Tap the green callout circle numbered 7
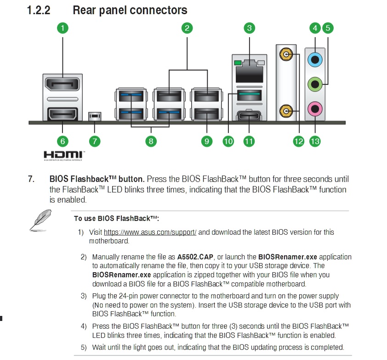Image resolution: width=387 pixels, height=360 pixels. pyautogui.click(x=94, y=141)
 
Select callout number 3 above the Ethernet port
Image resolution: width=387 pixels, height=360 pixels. pyautogui.click(x=249, y=28)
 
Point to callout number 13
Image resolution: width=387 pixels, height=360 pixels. pyautogui.click(x=315, y=141)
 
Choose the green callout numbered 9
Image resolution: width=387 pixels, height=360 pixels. pyautogui.click(x=206, y=141)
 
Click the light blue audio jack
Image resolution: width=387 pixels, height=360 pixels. pyautogui.click(x=315, y=59)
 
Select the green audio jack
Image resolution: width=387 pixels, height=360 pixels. pyautogui.click(x=315, y=84)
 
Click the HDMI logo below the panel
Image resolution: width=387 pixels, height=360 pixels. pyautogui.click(x=63, y=155)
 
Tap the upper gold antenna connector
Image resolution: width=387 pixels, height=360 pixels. pyautogui.click(x=286, y=55)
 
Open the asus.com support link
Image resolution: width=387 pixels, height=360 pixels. pyautogui.click(x=150, y=232)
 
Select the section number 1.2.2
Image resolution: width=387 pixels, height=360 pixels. pyautogui.click(x=39, y=10)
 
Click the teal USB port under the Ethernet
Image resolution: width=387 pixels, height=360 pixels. pyautogui.click(x=249, y=96)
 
